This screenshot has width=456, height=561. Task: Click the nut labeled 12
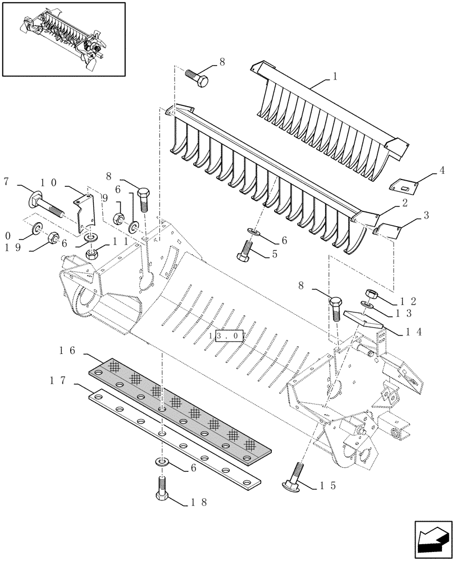pos(371,293)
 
